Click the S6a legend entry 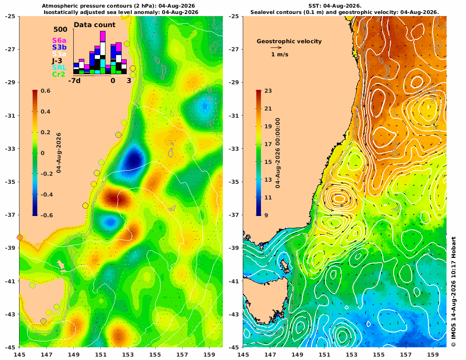pyautogui.click(x=59, y=40)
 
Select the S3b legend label pyautogui.click(x=59, y=47)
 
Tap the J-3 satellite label pyautogui.click(x=57, y=61)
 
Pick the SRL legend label pyautogui.click(x=59, y=68)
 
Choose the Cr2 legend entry pyautogui.click(x=58, y=74)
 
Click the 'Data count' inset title pyautogui.click(x=94, y=25)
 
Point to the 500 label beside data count pyautogui.click(x=60, y=29)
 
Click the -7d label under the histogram pyautogui.click(x=74, y=81)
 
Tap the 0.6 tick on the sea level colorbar pyautogui.click(x=45, y=91)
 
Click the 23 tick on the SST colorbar pyautogui.click(x=268, y=91)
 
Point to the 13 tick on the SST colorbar pyautogui.click(x=268, y=180)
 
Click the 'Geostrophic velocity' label pyautogui.click(x=289, y=42)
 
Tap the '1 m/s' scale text pyautogui.click(x=280, y=54)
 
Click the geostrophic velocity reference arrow pyautogui.click(x=276, y=47)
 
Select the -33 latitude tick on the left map pyautogui.click(x=11, y=149)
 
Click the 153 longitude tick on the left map pyautogui.click(x=128, y=354)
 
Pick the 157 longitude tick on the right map pyautogui.click(x=406, y=354)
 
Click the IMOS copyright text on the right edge pyautogui.click(x=453, y=292)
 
